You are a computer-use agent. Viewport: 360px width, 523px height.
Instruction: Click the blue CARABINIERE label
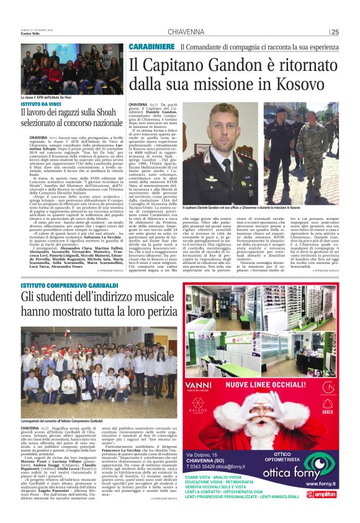(x=151, y=47)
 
